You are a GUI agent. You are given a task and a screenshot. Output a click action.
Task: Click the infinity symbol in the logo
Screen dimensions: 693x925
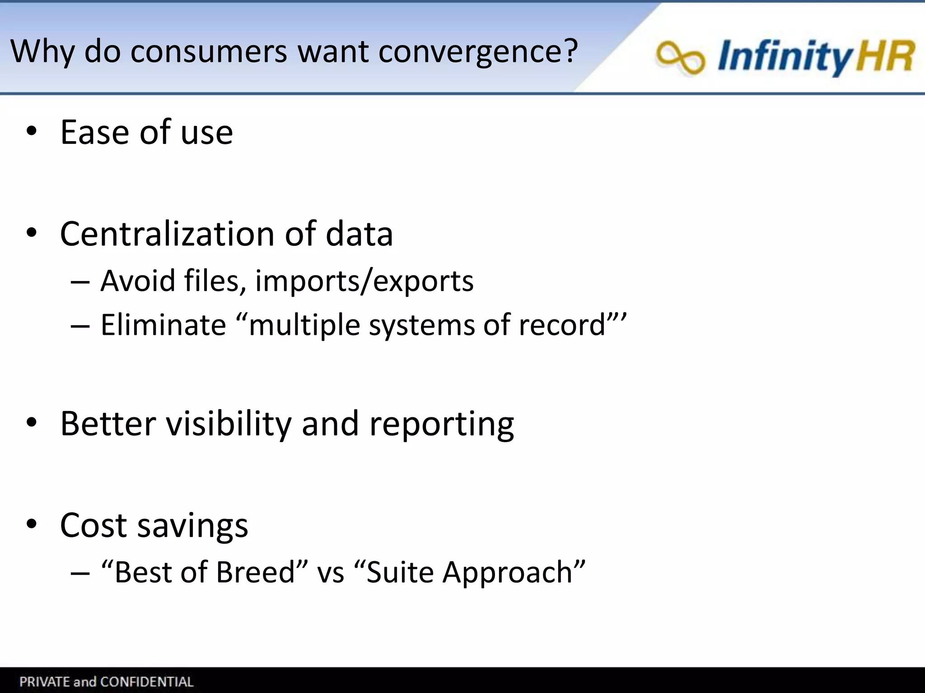(x=680, y=58)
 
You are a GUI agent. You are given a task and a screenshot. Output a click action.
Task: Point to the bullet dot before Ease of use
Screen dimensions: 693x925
(x=31, y=132)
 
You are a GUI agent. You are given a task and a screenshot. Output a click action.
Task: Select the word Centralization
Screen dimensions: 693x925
(x=167, y=234)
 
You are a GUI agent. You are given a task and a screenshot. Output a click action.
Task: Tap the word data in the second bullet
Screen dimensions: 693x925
(x=359, y=234)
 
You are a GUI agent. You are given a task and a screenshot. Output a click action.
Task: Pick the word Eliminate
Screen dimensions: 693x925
(x=163, y=324)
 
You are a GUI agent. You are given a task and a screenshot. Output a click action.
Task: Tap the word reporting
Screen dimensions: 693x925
(x=441, y=425)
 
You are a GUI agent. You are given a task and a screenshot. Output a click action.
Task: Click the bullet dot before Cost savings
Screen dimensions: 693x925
(x=31, y=525)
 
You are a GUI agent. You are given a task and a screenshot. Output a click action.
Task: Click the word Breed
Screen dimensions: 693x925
(x=255, y=572)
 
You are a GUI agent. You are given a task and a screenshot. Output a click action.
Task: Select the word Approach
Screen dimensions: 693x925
(x=508, y=573)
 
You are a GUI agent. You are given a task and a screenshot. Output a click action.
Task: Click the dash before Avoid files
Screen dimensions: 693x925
(x=80, y=282)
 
